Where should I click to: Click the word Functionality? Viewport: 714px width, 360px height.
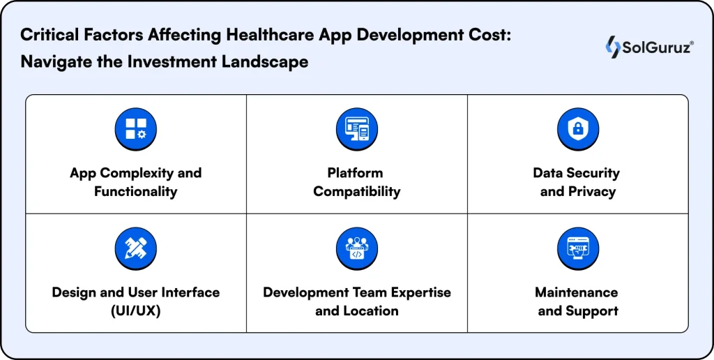[135, 191]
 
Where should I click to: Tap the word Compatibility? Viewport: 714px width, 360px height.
[356, 191]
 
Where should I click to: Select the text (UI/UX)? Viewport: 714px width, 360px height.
[135, 310]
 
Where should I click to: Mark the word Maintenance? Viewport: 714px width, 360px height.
[577, 292]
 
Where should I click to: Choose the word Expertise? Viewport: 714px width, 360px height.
[416, 292]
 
